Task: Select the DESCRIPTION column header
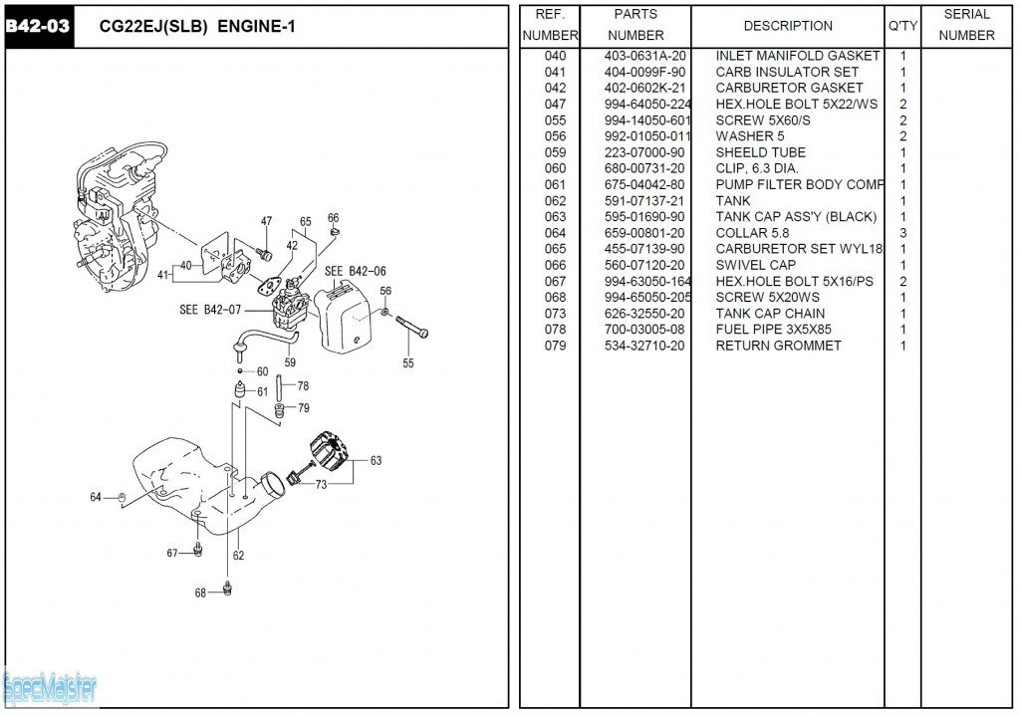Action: click(788, 26)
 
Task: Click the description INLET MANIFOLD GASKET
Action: click(797, 56)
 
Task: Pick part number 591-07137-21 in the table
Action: click(644, 201)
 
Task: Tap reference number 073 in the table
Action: click(555, 314)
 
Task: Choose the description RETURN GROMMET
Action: click(778, 346)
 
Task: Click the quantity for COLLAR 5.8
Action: click(903, 233)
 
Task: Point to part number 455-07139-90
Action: click(644, 249)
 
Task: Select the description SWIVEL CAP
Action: click(755, 265)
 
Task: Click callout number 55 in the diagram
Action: click(408, 363)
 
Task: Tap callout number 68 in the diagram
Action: click(200, 593)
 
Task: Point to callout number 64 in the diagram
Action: click(96, 497)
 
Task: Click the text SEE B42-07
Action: click(210, 310)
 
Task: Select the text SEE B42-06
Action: click(355, 271)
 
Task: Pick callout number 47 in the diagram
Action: click(266, 221)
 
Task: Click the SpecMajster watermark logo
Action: click(50, 686)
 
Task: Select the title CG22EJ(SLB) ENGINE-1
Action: click(198, 27)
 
